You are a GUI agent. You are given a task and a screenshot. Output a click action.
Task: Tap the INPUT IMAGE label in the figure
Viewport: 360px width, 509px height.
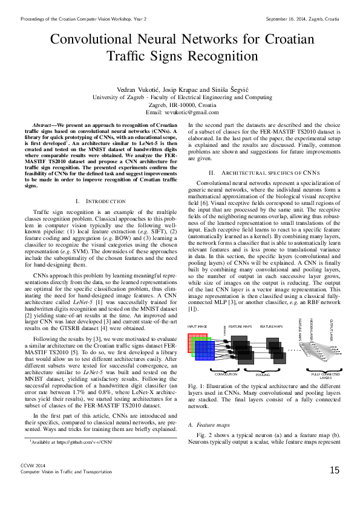198,326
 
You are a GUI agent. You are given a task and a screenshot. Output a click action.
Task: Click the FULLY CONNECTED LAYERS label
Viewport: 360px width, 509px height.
326,376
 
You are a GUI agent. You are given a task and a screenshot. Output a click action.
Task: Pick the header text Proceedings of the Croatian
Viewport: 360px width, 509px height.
51,19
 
